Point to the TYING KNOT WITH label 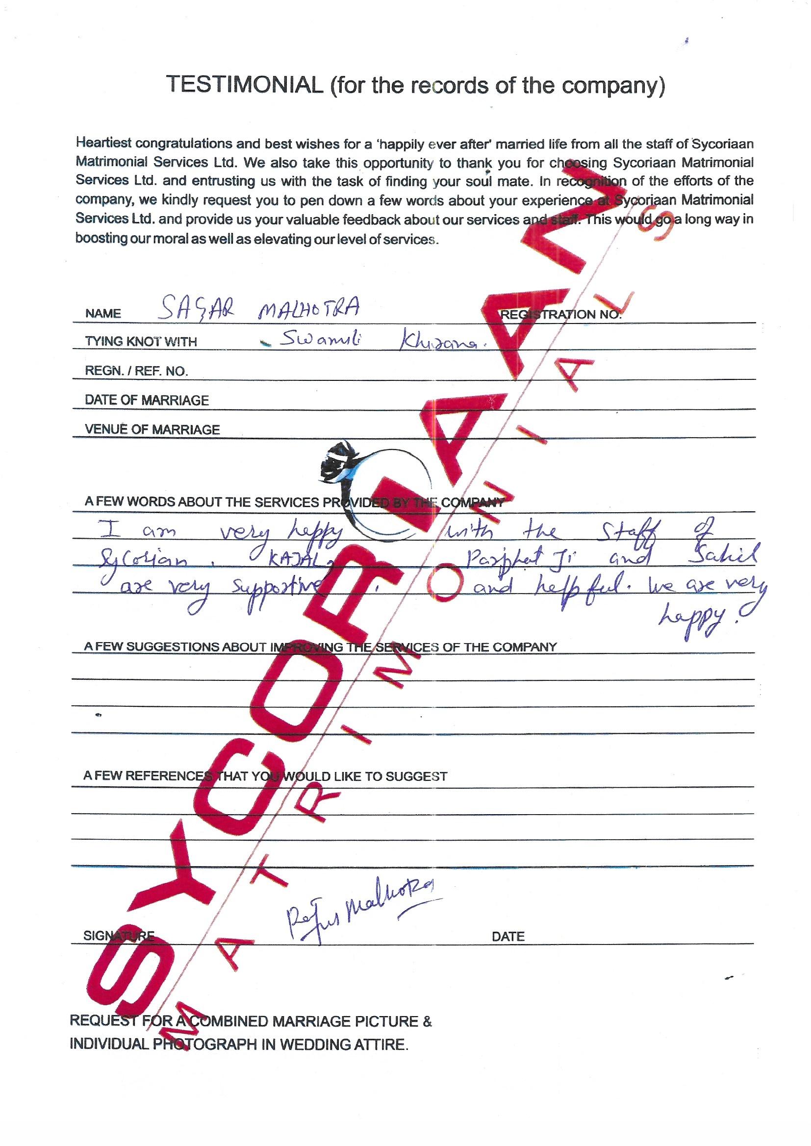(141, 342)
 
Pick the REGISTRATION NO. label (560, 315)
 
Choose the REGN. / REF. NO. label (136, 372)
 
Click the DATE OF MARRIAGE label (147, 400)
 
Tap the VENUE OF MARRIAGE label (152, 430)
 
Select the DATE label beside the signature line (508, 937)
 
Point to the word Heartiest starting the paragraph (103, 143)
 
